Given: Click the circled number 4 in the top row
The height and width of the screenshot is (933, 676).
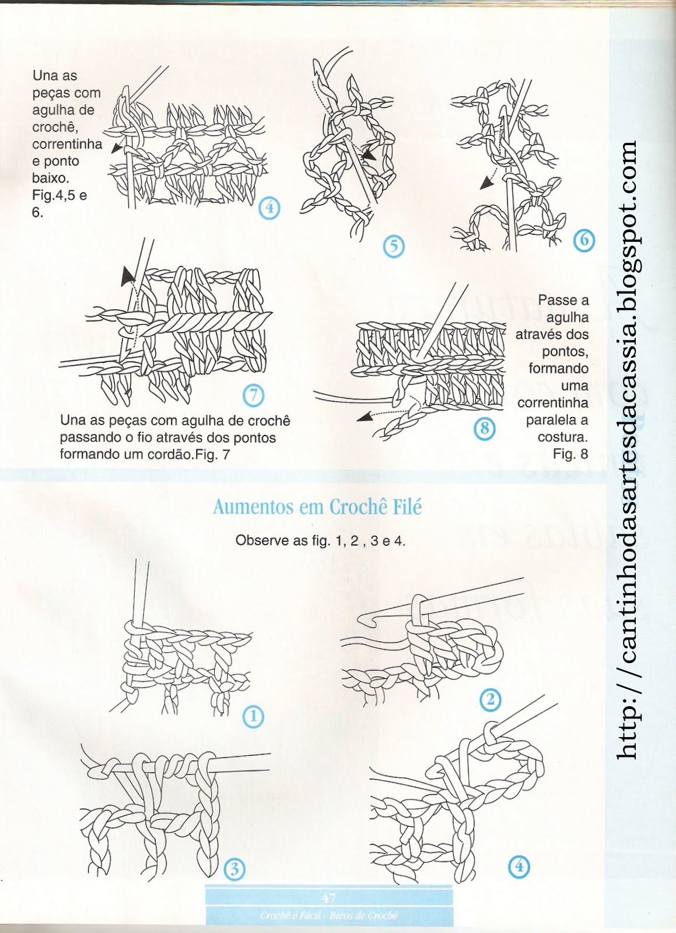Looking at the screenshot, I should click(x=269, y=208).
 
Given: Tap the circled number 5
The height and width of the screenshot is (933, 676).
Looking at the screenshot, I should click(x=394, y=246).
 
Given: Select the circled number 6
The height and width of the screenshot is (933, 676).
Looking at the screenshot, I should click(x=584, y=240).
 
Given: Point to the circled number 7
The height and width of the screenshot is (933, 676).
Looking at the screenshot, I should click(x=253, y=395).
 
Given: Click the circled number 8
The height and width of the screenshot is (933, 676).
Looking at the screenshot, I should click(x=484, y=429).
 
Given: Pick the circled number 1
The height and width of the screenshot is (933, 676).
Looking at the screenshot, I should click(x=253, y=716).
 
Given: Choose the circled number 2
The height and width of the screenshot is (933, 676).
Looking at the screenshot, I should click(x=490, y=699).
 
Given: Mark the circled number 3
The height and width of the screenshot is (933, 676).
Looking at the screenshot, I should click(x=234, y=869).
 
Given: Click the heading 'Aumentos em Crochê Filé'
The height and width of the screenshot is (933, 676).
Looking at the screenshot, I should click(x=317, y=506).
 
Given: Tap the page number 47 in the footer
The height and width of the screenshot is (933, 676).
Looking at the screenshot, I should click(x=328, y=897).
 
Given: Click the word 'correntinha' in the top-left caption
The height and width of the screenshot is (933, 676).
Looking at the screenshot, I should click(x=67, y=144).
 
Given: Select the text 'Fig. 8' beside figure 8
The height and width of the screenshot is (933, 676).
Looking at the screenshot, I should click(x=570, y=454).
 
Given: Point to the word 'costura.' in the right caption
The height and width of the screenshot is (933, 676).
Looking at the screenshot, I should click(x=562, y=437).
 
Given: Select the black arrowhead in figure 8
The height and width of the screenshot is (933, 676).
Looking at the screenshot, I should click(x=365, y=416).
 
